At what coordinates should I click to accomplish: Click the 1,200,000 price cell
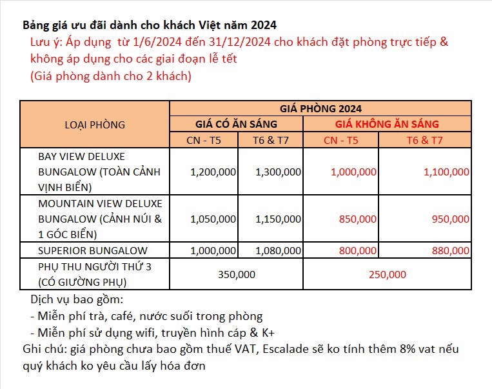pyautogui.click(x=213, y=172)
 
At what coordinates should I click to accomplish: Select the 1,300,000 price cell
pyautogui.click(x=278, y=172)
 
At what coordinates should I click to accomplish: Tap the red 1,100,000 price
pyautogui.click(x=446, y=172)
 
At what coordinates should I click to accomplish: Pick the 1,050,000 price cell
pyautogui.click(x=213, y=219)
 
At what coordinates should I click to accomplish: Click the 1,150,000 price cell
pyautogui.click(x=278, y=219)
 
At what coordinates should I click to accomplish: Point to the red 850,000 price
pyautogui.click(x=357, y=219)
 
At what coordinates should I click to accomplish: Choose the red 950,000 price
pyautogui.click(x=450, y=219)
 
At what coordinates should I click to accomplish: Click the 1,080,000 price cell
pyautogui.click(x=278, y=250)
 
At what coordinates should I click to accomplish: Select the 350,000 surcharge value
pyautogui.click(x=237, y=274)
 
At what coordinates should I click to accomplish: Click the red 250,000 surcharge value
pyautogui.click(x=388, y=274)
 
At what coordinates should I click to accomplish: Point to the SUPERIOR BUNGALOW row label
pyautogui.click(x=93, y=250)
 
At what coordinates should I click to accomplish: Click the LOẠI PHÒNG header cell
pyautogui.click(x=95, y=125)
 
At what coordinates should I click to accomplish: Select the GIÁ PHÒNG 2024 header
pyautogui.click(x=320, y=108)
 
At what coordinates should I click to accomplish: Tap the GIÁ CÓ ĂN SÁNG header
pyautogui.click(x=236, y=124)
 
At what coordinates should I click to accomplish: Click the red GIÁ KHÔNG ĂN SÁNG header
pyautogui.click(x=387, y=124)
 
